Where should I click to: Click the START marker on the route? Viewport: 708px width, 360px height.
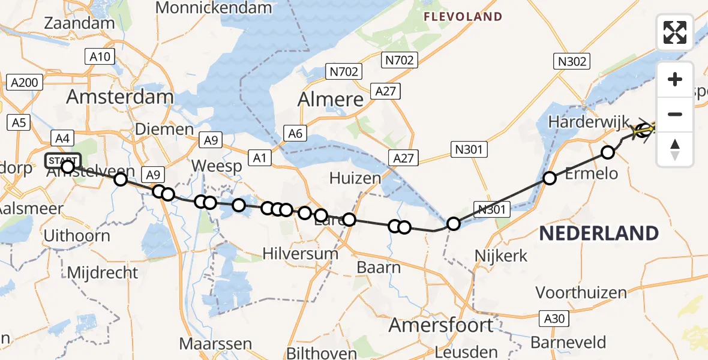tap(62, 161)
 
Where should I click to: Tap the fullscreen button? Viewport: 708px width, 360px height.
tap(675, 32)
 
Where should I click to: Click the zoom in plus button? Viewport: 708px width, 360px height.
tap(675, 79)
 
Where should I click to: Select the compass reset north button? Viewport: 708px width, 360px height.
tap(675, 149)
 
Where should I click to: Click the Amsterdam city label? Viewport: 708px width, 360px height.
tap(120, 97)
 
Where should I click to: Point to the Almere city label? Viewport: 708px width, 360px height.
tap(331, 99)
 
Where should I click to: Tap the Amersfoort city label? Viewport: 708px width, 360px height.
tap(441, 325)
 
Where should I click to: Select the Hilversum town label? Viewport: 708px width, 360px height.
tap(301, 253)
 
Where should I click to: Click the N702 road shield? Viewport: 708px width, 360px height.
tap(343, 72)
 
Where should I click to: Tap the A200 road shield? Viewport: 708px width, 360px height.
tap(25, 82)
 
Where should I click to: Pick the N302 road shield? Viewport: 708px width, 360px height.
tap(573, 61)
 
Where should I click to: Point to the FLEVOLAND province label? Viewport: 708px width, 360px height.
tap(463, 17)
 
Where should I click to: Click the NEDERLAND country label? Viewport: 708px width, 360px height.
tap(599, 233)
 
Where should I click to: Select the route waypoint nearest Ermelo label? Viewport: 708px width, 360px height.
tap(550, 178)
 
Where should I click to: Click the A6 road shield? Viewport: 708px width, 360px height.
tap(295, 134)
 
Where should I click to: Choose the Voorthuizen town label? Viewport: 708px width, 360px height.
tap(581, 292)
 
